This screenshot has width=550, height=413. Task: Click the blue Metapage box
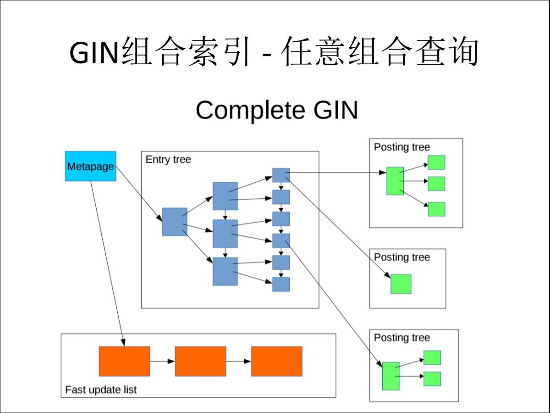point(90,166)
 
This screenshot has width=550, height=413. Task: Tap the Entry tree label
point(168,160)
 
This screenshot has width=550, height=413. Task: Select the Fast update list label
point(101,390)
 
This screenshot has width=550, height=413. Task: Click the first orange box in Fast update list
point(124,361)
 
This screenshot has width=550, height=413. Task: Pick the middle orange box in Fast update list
point(200,361)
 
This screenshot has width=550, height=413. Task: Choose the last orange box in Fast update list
point(276,361)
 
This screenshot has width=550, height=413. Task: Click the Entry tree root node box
point(175,222)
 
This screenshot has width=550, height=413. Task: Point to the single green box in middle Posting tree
point(401,284)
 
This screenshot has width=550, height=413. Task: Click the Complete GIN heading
point(276,110)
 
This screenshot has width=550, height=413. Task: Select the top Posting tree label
point(402,147)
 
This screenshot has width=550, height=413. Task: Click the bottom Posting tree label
point(402,338)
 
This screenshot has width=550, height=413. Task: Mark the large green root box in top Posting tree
point(395,181)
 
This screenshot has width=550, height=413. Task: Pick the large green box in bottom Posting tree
point(390,376)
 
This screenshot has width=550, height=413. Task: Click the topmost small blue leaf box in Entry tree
point(281,175)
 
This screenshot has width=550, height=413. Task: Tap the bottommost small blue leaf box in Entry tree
point(281,284)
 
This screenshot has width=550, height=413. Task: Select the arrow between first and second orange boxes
point(162,361)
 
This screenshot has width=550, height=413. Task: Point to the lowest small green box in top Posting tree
point(436,209)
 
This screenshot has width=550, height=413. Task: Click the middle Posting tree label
point(402,257)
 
